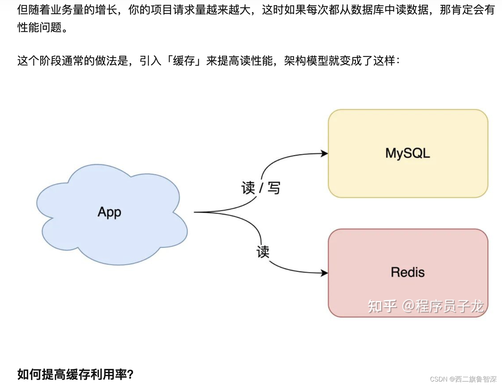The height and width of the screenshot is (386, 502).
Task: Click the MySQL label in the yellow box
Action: [x=407, y=153]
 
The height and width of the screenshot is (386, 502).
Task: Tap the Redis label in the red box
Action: [x=407, y=272]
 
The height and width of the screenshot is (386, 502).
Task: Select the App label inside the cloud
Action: [x=110, y=212]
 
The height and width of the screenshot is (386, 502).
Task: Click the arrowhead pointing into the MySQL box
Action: [x=325, y=153]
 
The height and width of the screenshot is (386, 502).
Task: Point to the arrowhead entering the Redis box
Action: [x=325, y=273]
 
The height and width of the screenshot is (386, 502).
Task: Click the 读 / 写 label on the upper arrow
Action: [x=260, y=188]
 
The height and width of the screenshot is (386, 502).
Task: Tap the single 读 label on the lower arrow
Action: [x=263, y=252]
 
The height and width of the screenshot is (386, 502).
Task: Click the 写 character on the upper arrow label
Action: [x=274, y=188]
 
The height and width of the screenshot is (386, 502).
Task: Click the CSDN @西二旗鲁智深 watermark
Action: [x=463, y=379]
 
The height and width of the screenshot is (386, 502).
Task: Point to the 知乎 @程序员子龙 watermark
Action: [x=426, y=306]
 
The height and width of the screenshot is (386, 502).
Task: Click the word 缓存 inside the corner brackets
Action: [x=184, y=61]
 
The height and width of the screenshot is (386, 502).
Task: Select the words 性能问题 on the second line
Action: [x=40, y=27]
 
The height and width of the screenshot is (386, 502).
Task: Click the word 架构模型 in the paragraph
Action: [x=306, y=61]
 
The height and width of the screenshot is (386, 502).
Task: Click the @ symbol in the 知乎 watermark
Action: [x=408, y=306]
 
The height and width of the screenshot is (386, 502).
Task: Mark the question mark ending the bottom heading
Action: [x=130, y=374]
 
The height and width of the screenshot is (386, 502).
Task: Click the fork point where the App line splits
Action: [x=209, y=212]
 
